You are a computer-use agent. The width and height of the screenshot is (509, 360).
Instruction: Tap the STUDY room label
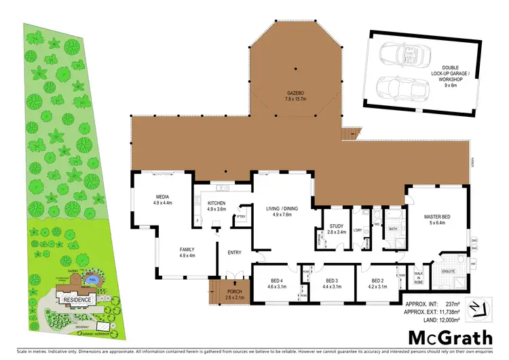pyautogui.click(x=337, y=227)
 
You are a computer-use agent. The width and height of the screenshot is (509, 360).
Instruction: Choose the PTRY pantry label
pyautogui.click(x=240, y=217)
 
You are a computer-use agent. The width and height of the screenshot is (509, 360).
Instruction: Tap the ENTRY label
pyautogui.click(x=235, y=252)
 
